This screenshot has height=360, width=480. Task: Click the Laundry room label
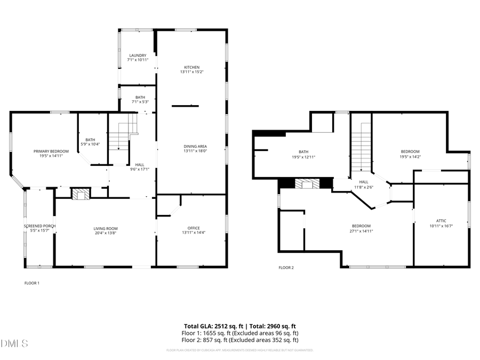(138, 55)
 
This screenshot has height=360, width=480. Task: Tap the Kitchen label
(191, 67)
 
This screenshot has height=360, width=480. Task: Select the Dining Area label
(195, 146)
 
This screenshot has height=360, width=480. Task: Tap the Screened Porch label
(39, 226)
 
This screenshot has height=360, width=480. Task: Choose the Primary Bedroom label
(51, 151)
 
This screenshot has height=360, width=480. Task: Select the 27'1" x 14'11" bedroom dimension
(361, 231)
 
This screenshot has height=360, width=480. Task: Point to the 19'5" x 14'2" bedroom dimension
(410, 157)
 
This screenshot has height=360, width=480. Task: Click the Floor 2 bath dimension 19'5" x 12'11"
(303, 157)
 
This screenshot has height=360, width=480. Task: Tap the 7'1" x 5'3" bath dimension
(140, 102)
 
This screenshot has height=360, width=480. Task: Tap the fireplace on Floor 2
(308, 184)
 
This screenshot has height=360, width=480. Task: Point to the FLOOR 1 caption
(32, 283)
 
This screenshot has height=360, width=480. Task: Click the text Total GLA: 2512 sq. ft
(212, 326)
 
